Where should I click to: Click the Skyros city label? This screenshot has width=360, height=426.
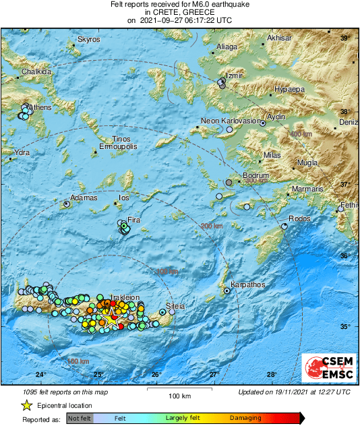88,40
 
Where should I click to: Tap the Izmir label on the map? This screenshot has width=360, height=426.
233,75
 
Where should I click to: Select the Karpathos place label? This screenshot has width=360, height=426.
244,285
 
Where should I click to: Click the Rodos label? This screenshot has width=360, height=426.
299,218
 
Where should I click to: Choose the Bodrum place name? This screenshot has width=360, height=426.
256,175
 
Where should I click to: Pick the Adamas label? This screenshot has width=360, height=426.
84,197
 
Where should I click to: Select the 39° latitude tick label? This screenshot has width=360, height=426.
344,38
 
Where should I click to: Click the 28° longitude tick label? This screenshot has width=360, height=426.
271,375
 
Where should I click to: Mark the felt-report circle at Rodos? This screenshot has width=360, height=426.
284,226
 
